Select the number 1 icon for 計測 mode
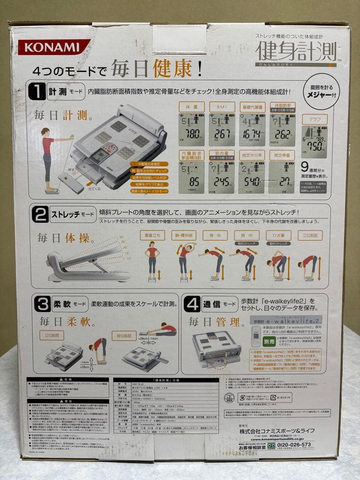pyautogui.click(x=37, y=92)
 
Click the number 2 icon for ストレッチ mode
pyautogui.click(x=40, y=214)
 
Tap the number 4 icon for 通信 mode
pyautogui.click(x=192, y=304)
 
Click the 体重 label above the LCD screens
pyautogui.click(x=192, y=107)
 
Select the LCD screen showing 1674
pyautogui.click(x=252, y=129)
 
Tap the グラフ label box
pyautogui.click(x=315, y=119)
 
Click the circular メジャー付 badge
pyautogui.click(x=322, y=91)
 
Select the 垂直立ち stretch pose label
pyautogui.click(x=152, y=235)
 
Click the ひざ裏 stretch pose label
pyautogui.click(x=278, y=235)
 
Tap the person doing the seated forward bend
pyautogui.click(x=158, y=331)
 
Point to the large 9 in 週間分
pyautogui.click(x=305, y=166)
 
